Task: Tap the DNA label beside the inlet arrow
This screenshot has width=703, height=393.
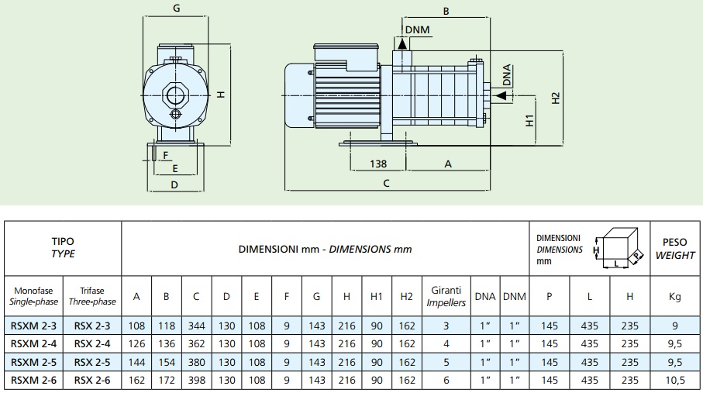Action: [x=507, y=74]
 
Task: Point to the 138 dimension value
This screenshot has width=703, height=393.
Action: [x=378, y=164]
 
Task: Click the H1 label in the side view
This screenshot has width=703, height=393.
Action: [x=530, y=120]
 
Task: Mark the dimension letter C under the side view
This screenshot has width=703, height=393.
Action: [x=386, y=184]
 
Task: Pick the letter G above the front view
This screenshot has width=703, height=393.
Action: [x=177, y=9]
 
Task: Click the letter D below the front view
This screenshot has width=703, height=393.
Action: [x=174, y=185]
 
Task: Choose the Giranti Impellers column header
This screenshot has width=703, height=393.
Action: [x=446, y=296]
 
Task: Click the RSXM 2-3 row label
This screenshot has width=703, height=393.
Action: [x=33, y=326]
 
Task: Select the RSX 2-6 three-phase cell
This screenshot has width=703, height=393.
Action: [x=92, y=381]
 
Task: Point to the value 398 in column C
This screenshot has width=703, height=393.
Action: [x=195, y=381]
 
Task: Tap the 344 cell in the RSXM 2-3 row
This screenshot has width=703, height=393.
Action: [x=195, y=326]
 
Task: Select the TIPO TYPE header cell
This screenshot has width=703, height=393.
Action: [x=63, y=248]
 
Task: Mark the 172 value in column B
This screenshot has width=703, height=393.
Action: [x=166, y=381]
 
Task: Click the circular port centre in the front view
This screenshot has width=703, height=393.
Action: [x=175, y=96]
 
